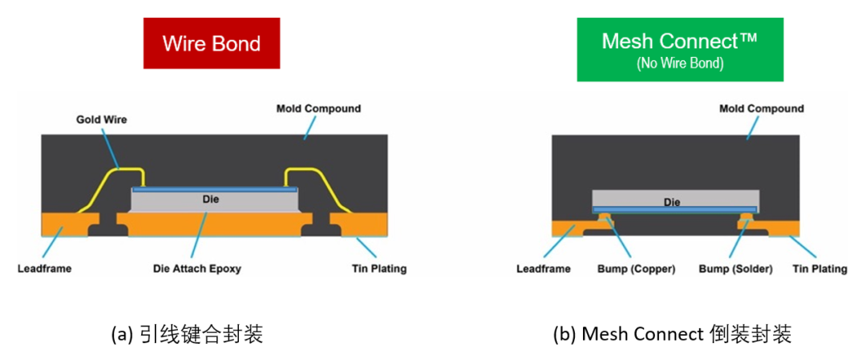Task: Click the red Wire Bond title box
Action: tap(212, 42)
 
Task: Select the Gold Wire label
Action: tap(102, 119)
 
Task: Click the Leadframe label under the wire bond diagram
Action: tap(45, 269)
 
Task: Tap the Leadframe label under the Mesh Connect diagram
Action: tap(544, 269)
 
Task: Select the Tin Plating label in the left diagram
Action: tap(378, 269)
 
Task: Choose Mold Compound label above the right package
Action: tap(761, 108)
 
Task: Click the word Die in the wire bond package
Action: tap(211, 199)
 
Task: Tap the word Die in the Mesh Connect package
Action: tap(672, 202)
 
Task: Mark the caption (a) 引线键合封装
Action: tap(186, 334)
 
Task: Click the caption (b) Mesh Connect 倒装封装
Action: tap(672, 334)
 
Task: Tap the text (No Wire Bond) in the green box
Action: tap(679, 63)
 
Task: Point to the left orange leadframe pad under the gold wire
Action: tap(68, 222)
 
